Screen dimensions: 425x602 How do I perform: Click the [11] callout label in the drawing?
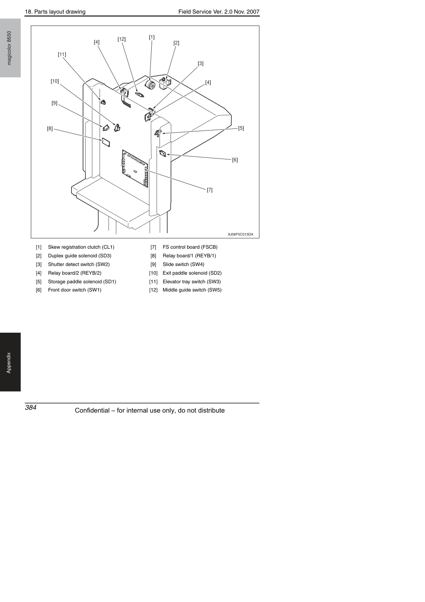[x=62, y=54]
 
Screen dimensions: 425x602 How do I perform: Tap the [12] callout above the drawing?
[x=122, y=39]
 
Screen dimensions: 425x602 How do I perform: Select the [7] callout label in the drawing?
[x=210, y=190]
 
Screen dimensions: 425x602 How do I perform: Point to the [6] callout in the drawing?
[x=235, y=160]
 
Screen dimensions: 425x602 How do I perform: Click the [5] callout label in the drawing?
[x=241, y=128]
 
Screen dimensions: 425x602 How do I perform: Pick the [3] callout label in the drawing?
[x=201, y=64]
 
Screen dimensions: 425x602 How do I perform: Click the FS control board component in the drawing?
[x=135, y=168]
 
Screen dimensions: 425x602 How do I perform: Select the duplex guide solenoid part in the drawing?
[x=165, y=83]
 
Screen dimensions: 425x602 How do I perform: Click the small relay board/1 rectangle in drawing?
[x=106, y=142]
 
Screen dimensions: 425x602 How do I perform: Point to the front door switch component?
[x=163, y=154]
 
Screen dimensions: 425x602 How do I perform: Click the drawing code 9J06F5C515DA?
[x=241, y=234]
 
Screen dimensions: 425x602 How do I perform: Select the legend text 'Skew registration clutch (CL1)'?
[x=81, y=247]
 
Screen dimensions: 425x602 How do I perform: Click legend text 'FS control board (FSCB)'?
[x=190, y=247]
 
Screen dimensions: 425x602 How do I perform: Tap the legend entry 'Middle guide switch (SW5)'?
[x=192, y=290]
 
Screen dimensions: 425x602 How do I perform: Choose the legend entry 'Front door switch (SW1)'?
[x=74, y=290]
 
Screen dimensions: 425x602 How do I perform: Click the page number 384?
[x=31, y=408]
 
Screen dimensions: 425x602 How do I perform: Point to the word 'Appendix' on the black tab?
[x=9, y=363]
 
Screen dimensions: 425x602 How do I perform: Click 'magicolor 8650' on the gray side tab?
[x=9, y=48]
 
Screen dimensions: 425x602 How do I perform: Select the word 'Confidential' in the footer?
[x=92, y=411]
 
